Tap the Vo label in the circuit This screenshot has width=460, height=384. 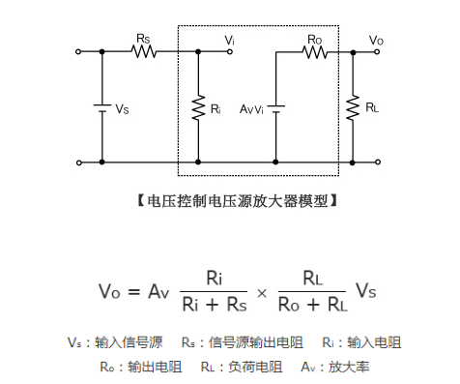tap(376, 39)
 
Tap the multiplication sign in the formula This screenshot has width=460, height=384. tap(259, 290)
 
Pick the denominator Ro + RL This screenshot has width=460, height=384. tap(311, 305)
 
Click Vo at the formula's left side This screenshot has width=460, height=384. tap(108, 290)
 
